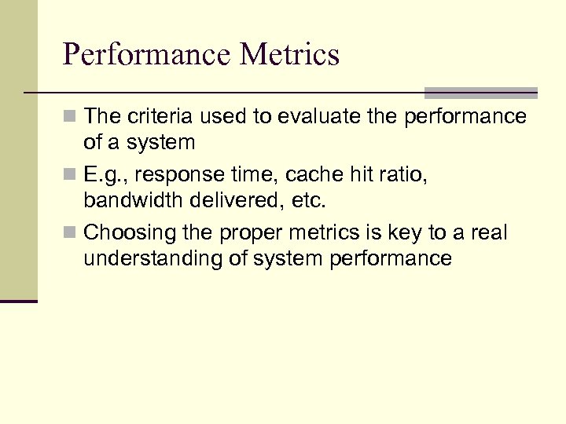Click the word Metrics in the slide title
290,55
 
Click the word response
171,174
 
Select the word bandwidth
132,200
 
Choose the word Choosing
121,233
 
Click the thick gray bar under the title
480,92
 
